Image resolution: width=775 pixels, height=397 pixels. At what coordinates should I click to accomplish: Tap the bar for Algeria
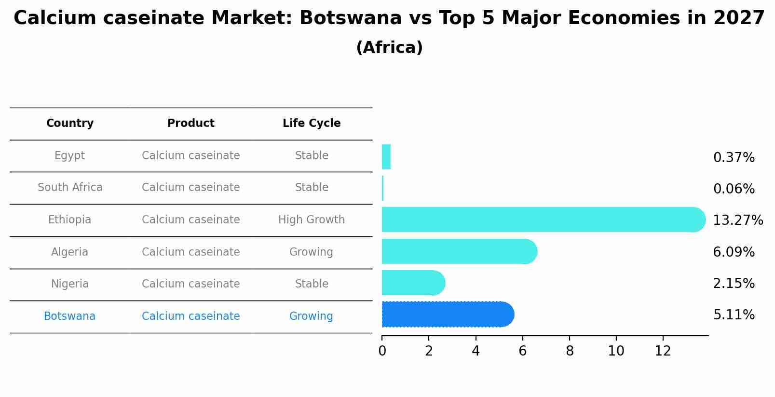coord(458,251)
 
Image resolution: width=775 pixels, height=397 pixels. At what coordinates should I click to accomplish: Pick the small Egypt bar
coord(386,157)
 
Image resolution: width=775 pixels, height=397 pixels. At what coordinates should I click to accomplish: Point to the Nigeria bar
coord(412,283)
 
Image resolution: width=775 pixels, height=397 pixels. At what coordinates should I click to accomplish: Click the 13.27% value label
coord(737,220)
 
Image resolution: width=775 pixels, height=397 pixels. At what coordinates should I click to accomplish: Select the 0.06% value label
coord(734,189)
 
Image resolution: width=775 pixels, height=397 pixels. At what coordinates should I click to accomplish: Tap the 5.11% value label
coord(734,315)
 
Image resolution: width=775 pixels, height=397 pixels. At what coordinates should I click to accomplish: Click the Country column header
coord(70,123)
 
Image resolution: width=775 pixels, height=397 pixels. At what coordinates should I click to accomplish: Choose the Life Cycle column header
coord(312,123)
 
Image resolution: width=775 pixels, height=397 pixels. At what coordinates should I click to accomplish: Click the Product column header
coord(191,123)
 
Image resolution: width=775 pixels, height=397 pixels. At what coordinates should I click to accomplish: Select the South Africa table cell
coord(70,188)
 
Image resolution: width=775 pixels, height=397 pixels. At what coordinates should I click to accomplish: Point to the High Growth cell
coord(312,220)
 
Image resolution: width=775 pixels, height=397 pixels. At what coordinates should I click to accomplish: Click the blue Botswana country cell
coord(70,316)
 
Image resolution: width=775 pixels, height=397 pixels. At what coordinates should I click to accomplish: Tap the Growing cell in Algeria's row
coord(311,252)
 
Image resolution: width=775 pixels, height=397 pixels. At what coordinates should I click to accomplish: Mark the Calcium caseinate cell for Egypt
coord(191,156)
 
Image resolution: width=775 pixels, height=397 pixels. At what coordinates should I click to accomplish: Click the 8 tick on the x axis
coord(570,351)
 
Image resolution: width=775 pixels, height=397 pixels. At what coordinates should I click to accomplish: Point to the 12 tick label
coord(663,351)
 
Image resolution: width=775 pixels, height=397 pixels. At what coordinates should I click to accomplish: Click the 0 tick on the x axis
coord(382,351)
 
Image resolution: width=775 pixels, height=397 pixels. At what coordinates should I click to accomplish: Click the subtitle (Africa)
coord(389,48)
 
